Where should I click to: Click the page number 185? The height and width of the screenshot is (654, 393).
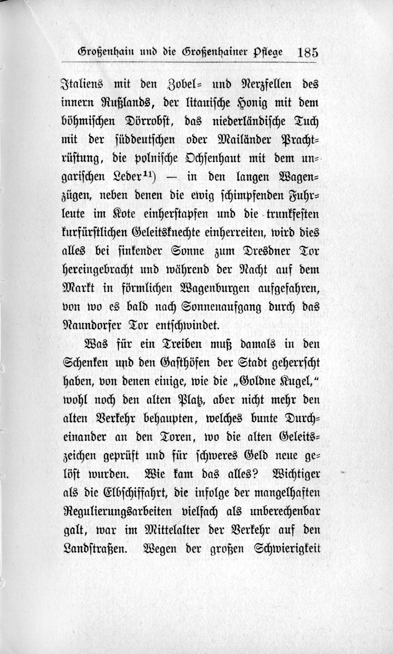coord(308,51)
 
